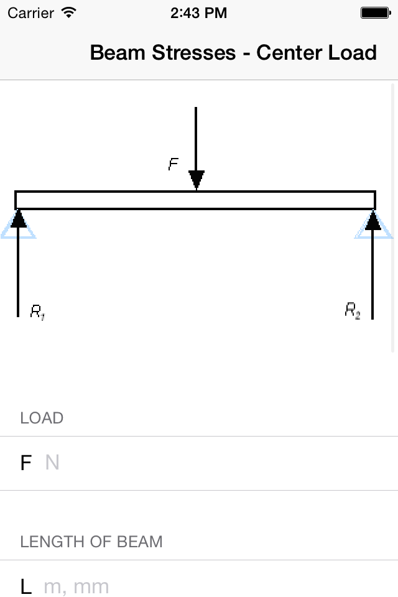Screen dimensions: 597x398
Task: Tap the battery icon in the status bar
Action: tap(375, 12)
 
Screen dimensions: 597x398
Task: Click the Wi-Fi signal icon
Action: tap(69, 12)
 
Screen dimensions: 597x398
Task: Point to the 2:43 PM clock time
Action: tap(198, 12)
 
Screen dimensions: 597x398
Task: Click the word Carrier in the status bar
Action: tap(30, 12)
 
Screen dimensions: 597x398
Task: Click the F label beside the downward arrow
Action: tap(174, 164)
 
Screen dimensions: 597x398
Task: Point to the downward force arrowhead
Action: tap(197, 179)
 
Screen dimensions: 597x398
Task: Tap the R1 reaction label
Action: tap(37, 312)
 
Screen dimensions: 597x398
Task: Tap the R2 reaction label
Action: tap(353, 310)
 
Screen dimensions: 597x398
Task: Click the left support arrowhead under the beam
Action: tap(19, 219)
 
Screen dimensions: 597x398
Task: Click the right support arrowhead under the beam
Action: tap(373, 220)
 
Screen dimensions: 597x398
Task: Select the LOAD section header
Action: tap(42, 418)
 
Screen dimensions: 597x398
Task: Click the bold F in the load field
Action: tap(26, 463)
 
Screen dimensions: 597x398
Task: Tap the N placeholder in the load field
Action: tap(52, 463)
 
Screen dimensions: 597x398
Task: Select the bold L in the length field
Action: tap(25, 586)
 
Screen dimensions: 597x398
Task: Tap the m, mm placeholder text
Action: tap(76, 586)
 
